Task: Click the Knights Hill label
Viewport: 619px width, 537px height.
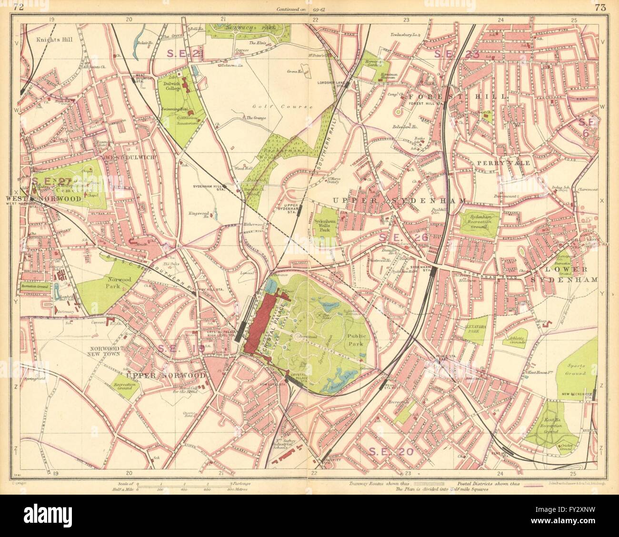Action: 54,40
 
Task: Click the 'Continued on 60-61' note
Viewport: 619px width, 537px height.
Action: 295,9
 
